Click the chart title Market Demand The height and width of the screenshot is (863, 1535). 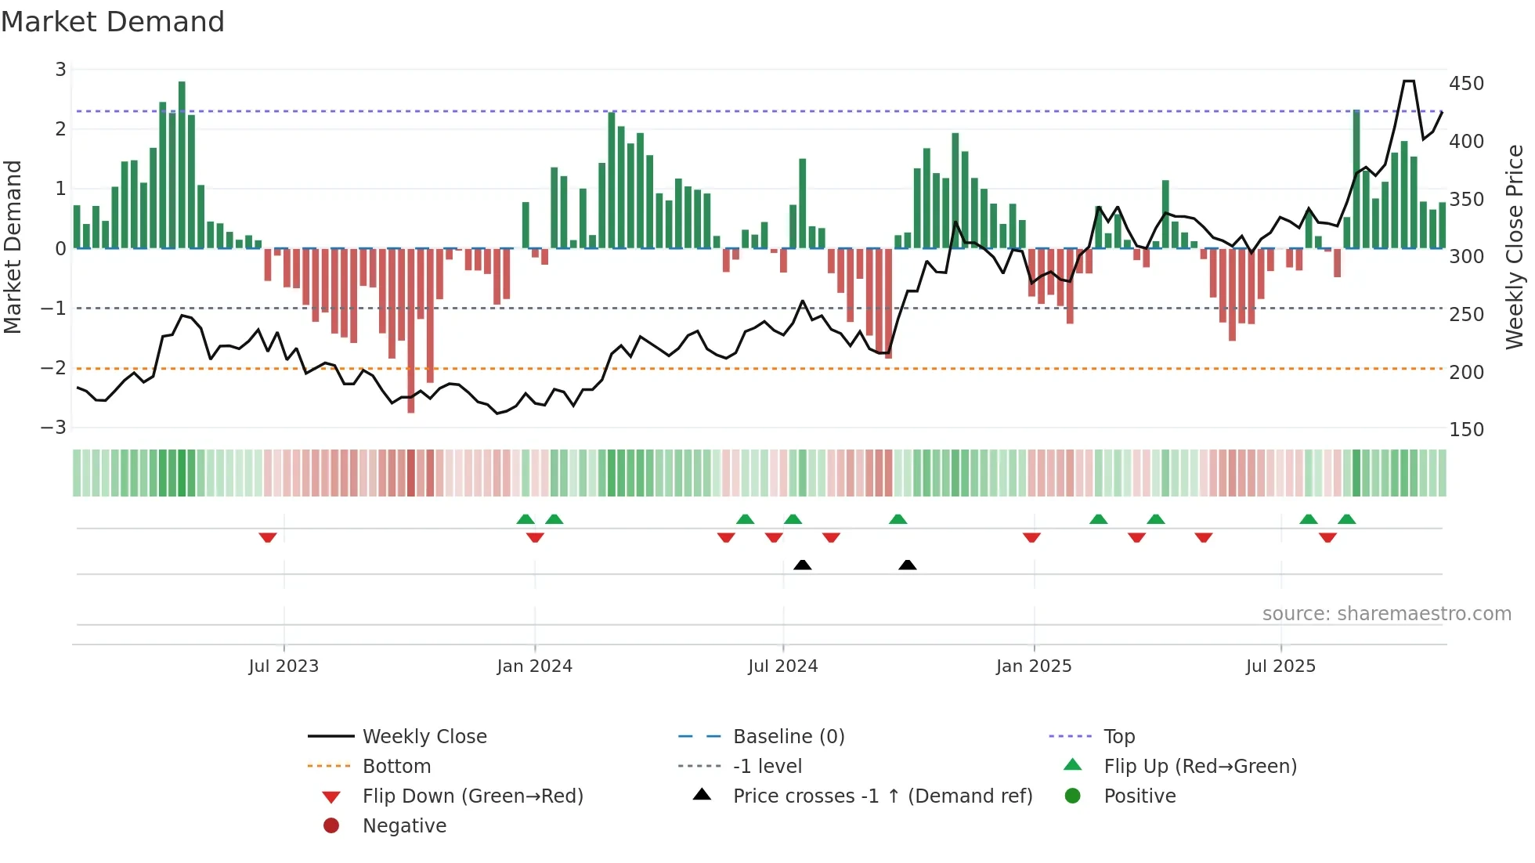(113, 22)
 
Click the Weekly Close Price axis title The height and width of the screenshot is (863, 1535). (1515, 247)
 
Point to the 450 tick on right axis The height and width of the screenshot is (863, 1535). (1466, 83)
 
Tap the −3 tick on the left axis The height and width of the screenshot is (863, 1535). (53, 427)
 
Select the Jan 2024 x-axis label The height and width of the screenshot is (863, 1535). (534, 666)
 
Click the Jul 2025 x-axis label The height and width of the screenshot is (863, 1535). (1280, 666)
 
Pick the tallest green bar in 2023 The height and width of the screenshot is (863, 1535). (182, 164)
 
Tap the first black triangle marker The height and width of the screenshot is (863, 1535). (802, 565)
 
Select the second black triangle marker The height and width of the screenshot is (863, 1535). (907, 565)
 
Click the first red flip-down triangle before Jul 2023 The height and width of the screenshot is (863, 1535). (268, 537)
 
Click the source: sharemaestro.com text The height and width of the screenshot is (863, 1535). (1386, 614)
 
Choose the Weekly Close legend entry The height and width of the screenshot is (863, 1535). (424, 737)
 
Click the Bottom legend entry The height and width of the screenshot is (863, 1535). (396, 767)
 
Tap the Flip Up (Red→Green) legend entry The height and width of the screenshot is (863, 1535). (1200, 767)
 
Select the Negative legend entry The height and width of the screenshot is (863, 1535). (404, 826)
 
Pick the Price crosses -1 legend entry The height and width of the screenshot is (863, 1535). (882, 796)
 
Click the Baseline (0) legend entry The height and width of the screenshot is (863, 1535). (788, 737)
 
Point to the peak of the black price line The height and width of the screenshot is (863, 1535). (1408, 81)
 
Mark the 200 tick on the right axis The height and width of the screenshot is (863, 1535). (1466, 372)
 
